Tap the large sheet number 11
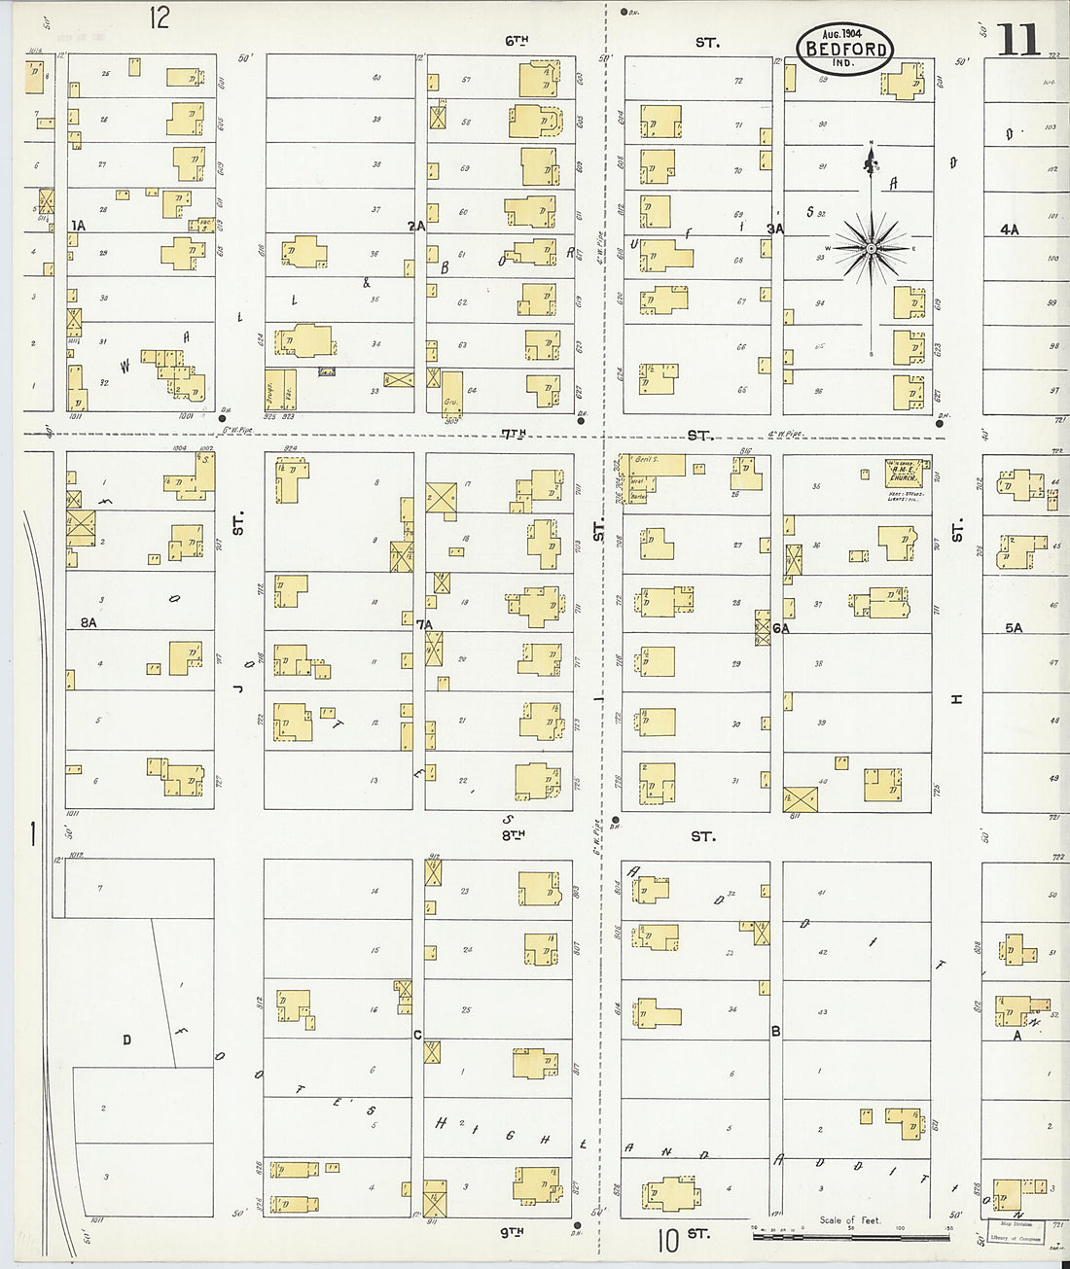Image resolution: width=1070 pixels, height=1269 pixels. tap(1017, 41)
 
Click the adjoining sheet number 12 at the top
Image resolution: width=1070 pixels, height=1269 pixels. tap(160, 18)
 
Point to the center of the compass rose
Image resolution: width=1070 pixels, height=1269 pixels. tap(871, 249)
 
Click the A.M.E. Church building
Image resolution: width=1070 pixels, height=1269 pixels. tap(902, 473)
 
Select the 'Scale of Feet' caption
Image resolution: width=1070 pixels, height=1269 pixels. tap(849, 1219)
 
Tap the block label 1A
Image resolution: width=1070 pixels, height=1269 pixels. tap(78, 226)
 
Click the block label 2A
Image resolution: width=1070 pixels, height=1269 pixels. tap(416, 226)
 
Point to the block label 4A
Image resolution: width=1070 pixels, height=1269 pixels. tap(1010, 229)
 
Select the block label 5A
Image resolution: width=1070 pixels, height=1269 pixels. tap(1014, 628)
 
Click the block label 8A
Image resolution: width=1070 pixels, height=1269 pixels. tap(89, 622)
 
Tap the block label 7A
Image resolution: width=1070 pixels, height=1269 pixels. tap(424, 623)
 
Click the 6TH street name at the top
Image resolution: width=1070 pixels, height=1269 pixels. tap(517, 41)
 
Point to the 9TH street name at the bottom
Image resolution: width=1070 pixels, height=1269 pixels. tap(512, 1231)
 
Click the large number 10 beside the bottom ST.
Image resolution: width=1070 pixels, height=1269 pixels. tap(667, 1241)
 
